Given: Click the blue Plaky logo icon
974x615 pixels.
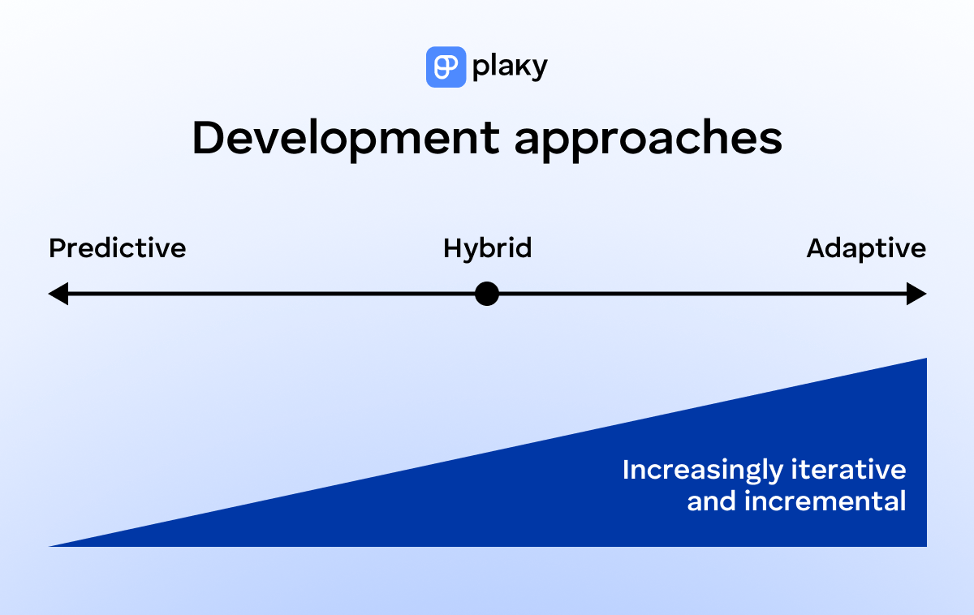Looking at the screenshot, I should (x=446, y=67).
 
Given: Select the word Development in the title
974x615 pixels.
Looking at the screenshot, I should (x=344, y=139).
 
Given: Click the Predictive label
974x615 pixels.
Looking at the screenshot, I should (x=118, y=248).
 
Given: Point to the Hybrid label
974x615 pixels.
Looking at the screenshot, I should (x=487, y=248).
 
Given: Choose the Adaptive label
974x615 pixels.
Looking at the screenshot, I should (x=866, y=248).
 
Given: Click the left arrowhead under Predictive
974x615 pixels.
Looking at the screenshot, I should (x=58, y=294).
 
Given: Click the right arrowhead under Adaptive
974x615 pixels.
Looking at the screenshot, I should (x=916, y=294).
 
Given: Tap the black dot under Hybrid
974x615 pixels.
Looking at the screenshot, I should (x=486, y=294).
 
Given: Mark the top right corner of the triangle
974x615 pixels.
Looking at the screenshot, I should (x=924, y=360).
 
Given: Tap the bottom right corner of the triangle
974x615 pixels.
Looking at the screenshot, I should (x=924, y=544).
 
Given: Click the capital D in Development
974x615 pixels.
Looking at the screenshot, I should (x=206, y=139).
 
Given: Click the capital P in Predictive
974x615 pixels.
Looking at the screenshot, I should (x=56, y=248).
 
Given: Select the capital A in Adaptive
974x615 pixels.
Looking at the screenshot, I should (x=816, y=248).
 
